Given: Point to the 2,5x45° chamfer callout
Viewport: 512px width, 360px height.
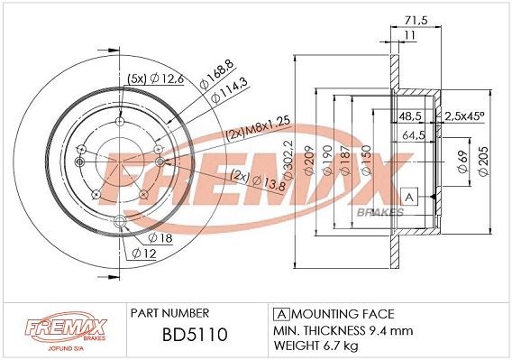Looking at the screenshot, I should (466, 116).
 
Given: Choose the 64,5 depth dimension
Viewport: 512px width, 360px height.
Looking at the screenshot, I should (415, 134).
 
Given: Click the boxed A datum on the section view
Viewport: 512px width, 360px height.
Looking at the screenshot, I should (409, 196).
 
